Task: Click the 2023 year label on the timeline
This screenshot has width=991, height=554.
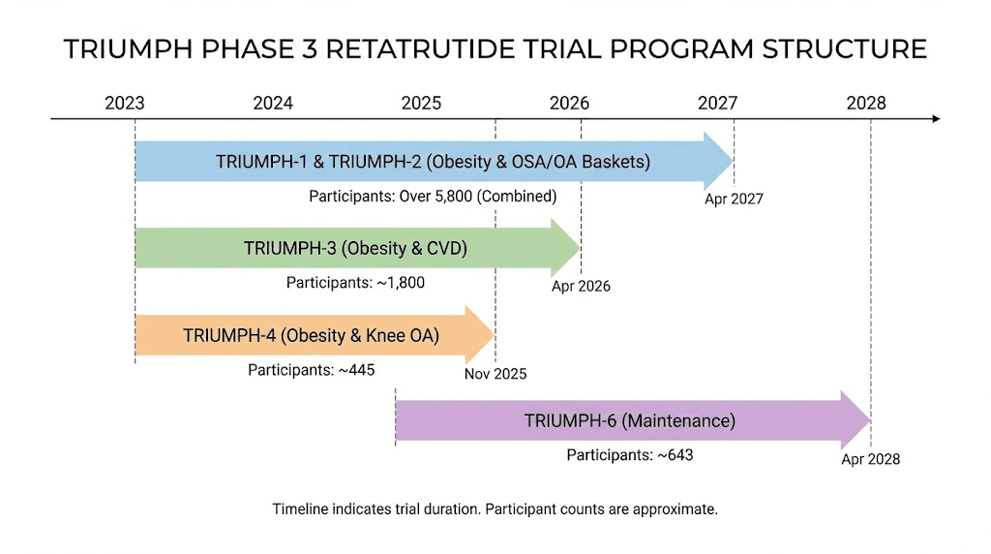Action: pyautogui.click(x=125, y=103)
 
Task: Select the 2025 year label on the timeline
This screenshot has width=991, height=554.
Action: pyautogui.click(x=421, y=103)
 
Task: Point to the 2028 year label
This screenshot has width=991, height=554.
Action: pyautogui.click(x=865, y=103)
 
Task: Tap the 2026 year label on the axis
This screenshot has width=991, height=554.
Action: pyautogui.click(x=569, y=103)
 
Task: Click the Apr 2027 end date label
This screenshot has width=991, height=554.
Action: pyautogui.click(x=734, y=200)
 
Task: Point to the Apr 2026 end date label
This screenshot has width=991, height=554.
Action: pyautogui.click(x=581, y=287)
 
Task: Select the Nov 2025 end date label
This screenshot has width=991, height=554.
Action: pyautogui.click(x=495, y=374)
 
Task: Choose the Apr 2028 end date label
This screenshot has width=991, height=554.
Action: pyautogui.click(x=870, y=459)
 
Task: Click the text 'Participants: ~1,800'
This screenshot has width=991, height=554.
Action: pyautogui.click(x=355, y=283)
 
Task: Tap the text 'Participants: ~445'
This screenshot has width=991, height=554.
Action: pyautogui.click(x=311, y=370)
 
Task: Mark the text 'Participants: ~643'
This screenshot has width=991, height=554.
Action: pyautogui.click(x=630, y=454)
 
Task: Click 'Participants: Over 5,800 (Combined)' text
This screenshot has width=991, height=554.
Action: pyautogui.click(x=433, y=197)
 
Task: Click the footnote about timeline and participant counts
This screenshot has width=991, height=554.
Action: pyautogui.click(x=495, y=508)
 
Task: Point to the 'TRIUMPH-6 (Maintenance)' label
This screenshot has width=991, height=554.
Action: pyautogui.click(x=630, y=421)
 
